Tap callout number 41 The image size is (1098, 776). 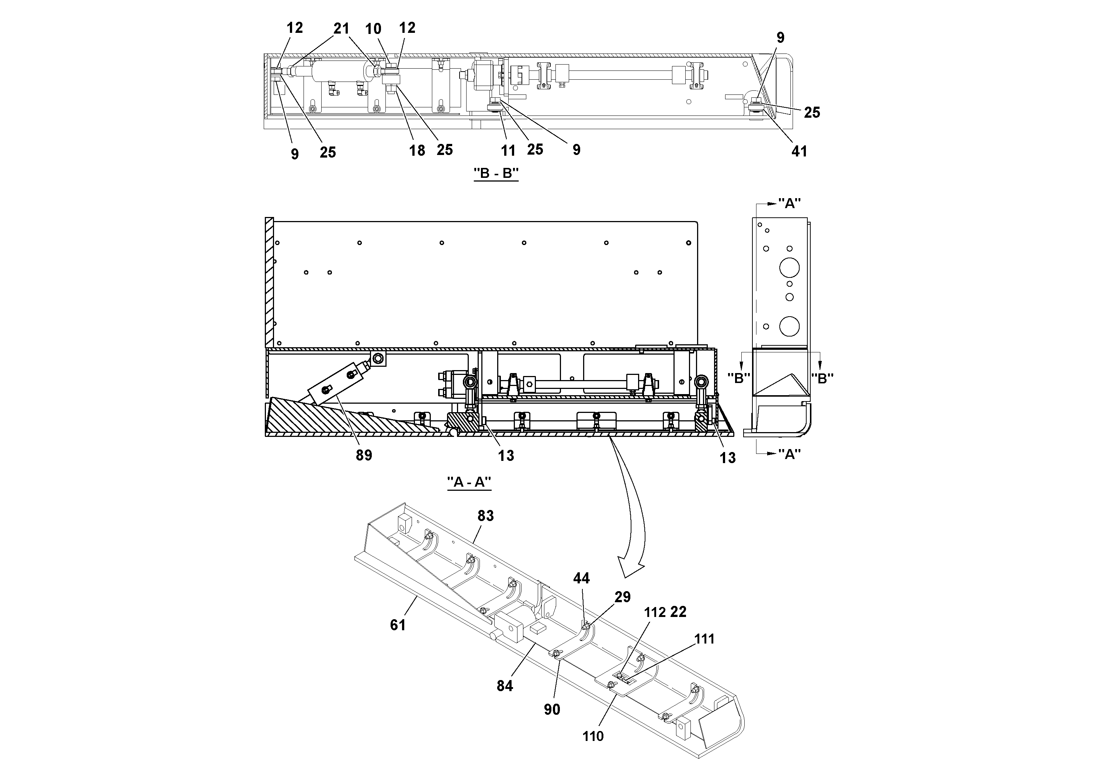pyautogui.click(x=799, y=151)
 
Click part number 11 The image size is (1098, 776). pyautogui.click(x=508, y=150)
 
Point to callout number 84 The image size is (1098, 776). pyautogui.click(x=505, y=686)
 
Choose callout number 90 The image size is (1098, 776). pyautogui.click(x=552, y=709)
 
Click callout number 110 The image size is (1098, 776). pyautogui.click(x=593, y=736)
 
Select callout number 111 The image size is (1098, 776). pyautogui.click(x=704, y=639)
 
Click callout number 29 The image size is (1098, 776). pyautogui.click(x=622, y=597)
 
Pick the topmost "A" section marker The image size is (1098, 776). pyautogui.click(x=789, y=203)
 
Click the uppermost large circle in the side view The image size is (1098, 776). pyautogui.click(x=789, y=268)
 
